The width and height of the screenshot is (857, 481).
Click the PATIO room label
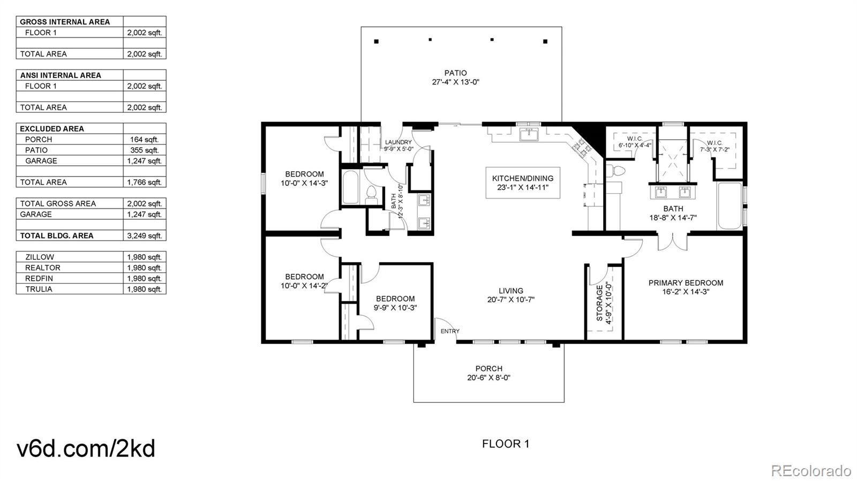click(455, 73)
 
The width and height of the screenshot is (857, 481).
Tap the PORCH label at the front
click(488, 369)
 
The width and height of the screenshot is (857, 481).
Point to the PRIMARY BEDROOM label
click(686, 283)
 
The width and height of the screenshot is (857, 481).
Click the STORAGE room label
click(600, 303)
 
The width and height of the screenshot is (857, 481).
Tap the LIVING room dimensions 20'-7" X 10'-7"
click(510, 300)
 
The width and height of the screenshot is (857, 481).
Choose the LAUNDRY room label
click(399, 142)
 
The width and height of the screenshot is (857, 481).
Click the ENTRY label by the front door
click(450, 331)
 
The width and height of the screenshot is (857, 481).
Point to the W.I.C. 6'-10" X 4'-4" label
click(635, 142)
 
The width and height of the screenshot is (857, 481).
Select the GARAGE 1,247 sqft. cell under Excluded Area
click(144, 161)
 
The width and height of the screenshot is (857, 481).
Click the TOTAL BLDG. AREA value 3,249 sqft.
click(144, 235)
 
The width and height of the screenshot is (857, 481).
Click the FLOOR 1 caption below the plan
click(505, 444)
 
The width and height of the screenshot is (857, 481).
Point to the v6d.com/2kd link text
click(86, 448)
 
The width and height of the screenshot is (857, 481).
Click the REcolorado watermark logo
click(810, 471)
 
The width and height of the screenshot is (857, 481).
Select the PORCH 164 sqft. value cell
click(144, 139)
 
